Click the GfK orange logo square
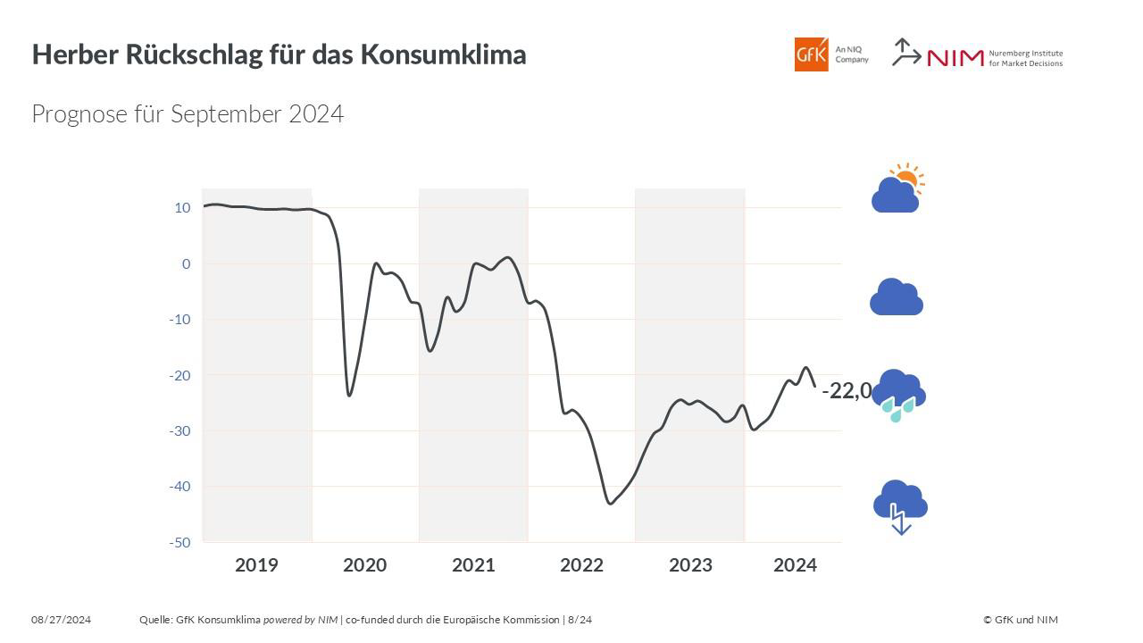pyautogui.click(x=811, y=54)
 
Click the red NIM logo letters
pyautogui.click(x=955, y=58)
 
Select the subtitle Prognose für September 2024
pyautogui.click(x=188, y=114)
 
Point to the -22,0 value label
pyautogui.click(x=846, y=390)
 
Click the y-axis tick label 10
pyautogui.click(x=182, y=208)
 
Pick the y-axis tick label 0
pyautogui.click(x=186, y=263)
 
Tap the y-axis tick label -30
pyautogui.click(x=179, y=430)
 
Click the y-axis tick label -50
pyautogui.click(x=179, y=542)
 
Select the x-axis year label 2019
pyautogui.click(x=256, y=564)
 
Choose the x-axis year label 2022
pyautogui.click(x=581, y=564)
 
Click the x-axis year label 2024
pyautogui.click(x=795, y=564)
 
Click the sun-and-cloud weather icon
pyautogui.click(x=897, y=188)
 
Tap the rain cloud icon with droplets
pyautogui.click(x=898, y=394)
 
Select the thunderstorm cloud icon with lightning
pyautogui.click(x=900, y=505)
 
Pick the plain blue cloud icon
pyautogui.click(x=897, y=297)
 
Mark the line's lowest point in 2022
pyautogui.click(x=611, y=504)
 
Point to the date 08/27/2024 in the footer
pyautogui.click(x=62, y=620)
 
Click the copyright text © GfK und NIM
pyautogui.click(x=1021, y=620)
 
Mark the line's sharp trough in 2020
pyautogui.click(x=349, y=395)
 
